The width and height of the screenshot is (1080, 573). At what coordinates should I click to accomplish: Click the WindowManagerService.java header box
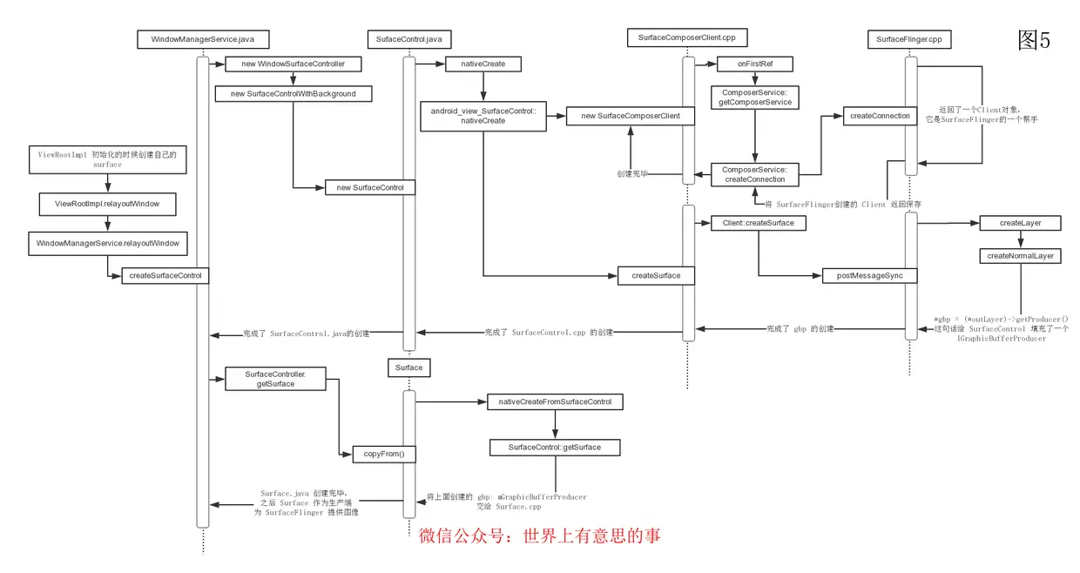coord(203,39)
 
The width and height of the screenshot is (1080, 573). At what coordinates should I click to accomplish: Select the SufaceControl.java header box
coord(409,39)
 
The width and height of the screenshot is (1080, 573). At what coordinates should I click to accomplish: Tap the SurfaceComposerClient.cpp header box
coord(687,37)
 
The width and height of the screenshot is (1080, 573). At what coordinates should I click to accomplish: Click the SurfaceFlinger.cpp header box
coord(911,39)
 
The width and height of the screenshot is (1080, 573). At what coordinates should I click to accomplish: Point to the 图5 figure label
coord(1035,39)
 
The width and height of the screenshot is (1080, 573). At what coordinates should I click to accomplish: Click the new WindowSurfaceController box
coord(293,64)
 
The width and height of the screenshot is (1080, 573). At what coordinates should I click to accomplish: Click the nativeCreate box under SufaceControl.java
coord(482,64)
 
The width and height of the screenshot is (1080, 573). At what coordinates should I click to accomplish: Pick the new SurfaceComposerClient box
coord(630,116)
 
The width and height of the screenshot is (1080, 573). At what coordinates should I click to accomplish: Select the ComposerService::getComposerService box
coord(755,97)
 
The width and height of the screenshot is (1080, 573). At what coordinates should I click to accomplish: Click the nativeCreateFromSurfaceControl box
coord(555,401)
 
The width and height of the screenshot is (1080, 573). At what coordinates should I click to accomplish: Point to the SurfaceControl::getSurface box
coord(555,448)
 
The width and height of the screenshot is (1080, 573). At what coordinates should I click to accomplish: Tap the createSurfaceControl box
coord(165,275)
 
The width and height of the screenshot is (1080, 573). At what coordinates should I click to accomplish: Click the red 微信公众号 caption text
coord(540,536)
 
